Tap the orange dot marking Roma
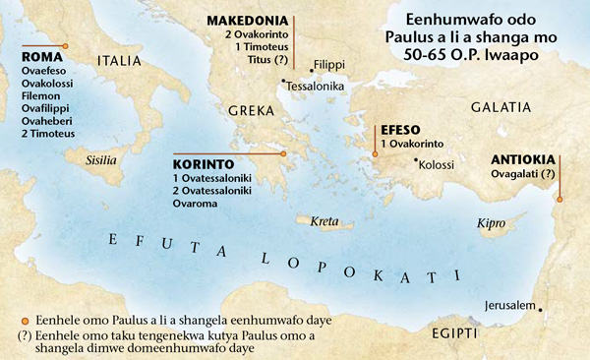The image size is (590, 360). click(x=65, y=46)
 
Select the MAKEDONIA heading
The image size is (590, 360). click(x=247, y=21)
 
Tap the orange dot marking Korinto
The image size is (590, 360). click(x=283, y=153)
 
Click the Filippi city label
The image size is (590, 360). click(x=329, y=64)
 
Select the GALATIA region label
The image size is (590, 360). click(x=501, y=105)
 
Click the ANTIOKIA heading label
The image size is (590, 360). click(x=524, y=159)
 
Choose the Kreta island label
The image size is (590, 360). click(x=324, y=221)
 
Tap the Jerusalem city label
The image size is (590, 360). click(x=506, y=305)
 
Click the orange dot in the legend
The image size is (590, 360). click(x=11, y=321)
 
